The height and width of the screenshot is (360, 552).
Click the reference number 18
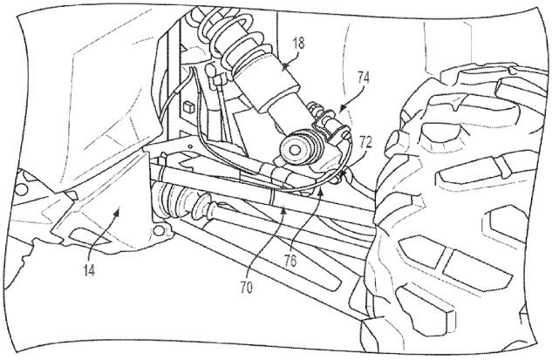click(x=298, y=44)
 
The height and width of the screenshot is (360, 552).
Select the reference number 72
click(x=365, y=143)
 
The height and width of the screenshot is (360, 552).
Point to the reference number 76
click(x=291, y=262)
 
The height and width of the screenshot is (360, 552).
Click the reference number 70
click(x=247, y=289)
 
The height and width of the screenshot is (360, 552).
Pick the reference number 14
click(x=90, y=270)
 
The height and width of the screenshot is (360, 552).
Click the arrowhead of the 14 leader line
click(x=118, y=210)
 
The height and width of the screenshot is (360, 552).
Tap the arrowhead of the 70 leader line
click(x=284, y=210)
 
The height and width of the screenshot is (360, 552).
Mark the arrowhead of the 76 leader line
click(x=320, y=192)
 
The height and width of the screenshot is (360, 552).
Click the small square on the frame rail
click(x=188, y=105)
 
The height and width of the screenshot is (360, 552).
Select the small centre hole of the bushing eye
click(x=295, y=149)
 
